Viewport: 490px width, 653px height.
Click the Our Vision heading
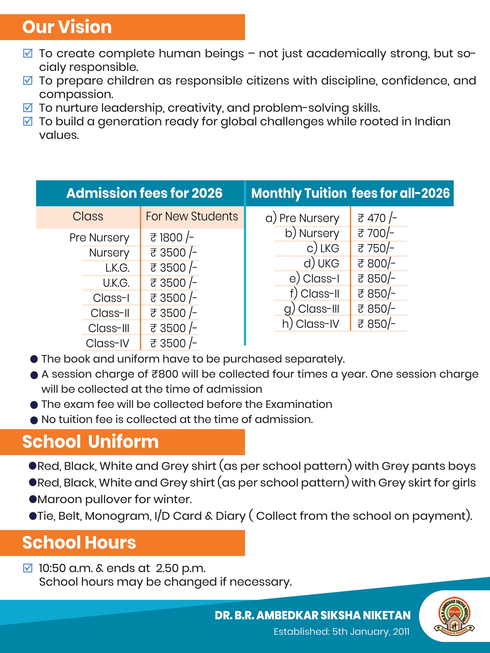click(x=67, y=27)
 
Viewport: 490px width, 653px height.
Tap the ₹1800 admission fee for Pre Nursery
click(x=171, y=238)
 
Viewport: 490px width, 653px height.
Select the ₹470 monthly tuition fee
click(x=377, y=218)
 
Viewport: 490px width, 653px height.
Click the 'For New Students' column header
click(x=192, y=216)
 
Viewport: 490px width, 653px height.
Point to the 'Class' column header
click(x=88, y=216)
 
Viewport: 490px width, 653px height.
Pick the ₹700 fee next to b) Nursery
click(x=376, y=233)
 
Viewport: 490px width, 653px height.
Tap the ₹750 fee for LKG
click(x=376, y=248)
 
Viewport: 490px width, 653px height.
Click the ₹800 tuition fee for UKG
click(x=376, y=263)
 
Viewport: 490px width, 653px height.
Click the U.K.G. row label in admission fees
click(x=116, y=283)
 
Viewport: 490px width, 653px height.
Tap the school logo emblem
click(x=454, y=616)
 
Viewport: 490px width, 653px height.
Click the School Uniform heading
click(x=90, y=442)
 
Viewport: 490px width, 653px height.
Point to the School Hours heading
click(x=79, y=543)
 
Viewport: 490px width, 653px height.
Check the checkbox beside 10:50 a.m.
click(x=28, y=568)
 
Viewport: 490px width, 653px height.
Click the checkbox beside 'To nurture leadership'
click(x=28, y=108)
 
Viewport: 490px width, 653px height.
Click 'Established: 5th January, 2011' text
click(x=341, y=632)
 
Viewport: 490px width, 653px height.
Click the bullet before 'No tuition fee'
click(x=34, y=420)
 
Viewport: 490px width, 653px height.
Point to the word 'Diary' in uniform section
click(x=230, y=516)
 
